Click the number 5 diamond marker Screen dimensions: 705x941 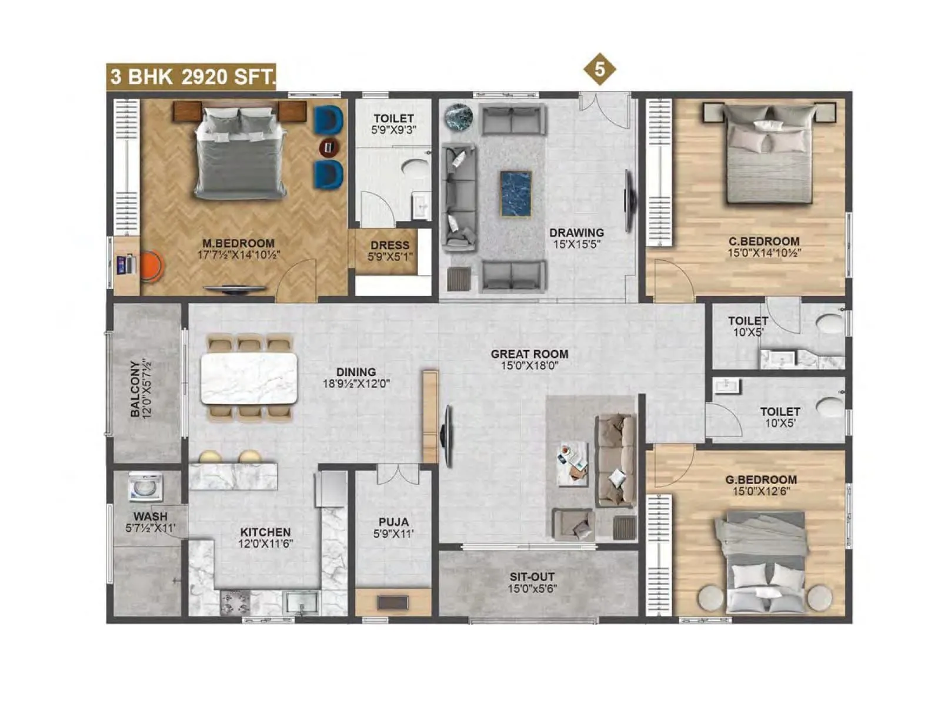(x=599, y=69)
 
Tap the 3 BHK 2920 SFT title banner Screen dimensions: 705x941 (x=191, y=76)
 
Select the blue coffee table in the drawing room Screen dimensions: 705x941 (x=516, y=193)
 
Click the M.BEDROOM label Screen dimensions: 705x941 (x=238, y=243)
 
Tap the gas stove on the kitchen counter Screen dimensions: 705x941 (x=235, y=602)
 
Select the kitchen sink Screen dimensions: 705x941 (x=301, y=602)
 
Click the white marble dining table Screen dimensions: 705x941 (x=249, y=378)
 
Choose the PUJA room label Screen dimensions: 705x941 (x=393, y=522)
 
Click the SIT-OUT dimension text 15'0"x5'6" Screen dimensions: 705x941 (x=532, y=588)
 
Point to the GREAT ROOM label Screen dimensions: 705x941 (x=529, y=354)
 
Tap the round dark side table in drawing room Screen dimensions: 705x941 (x=458, y=116)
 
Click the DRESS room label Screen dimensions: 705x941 (x=389, y=246)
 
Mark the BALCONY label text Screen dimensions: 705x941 (x=135, y=389)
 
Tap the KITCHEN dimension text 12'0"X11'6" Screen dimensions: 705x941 (x=265, y=544)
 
